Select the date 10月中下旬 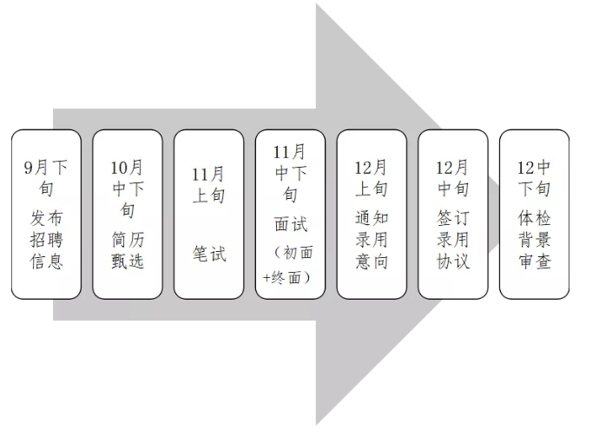(x=128, y=187)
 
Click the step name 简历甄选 (x=128, y=250)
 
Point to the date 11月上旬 (x=208, y=183)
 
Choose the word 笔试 (x=208, y=255)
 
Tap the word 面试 (x=290, y=225)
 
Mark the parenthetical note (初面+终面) (x=290, y=265)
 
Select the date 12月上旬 (x=372, y=176)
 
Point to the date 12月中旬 (x=452, y=176)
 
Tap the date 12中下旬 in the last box (x=534, y=177)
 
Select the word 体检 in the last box (x=534, y=218)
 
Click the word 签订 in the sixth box (x=452, y=218)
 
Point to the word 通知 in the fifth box (x=372, y=218)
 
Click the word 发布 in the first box (x=46, y=218)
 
